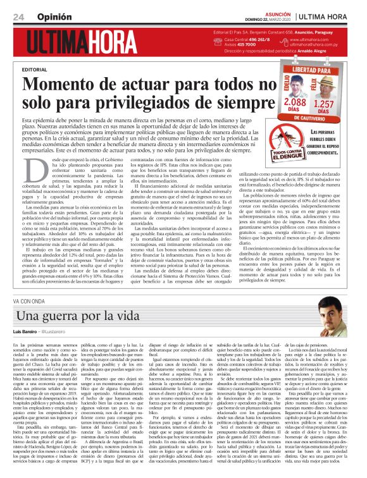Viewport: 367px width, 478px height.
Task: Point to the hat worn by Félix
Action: [x=334, y=79]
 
